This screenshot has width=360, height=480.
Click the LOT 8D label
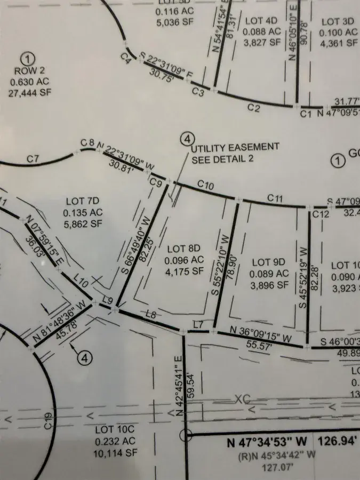tap(183, 249)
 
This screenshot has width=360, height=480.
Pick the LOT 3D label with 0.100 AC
tap(339, 21)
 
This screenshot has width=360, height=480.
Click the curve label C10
tap(205, 185)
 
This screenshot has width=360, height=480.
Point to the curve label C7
tap(33, 158)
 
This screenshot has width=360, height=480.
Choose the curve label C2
tap(254, 109)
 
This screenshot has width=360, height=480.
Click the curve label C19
tap(48, 421)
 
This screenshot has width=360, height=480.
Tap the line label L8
tap(150, 315)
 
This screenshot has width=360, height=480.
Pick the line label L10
tap(81, 281)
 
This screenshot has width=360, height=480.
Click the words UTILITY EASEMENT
tap(235, 147)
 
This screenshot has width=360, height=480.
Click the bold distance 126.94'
tap(339, 442)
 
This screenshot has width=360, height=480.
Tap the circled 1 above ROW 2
tap(29, 58)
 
